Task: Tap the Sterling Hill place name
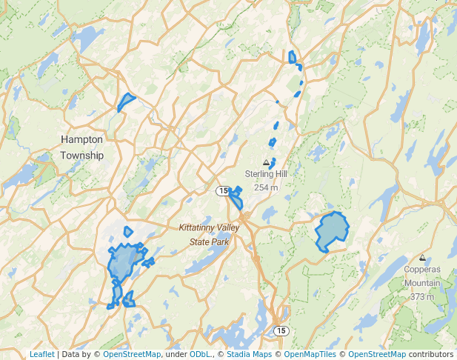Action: [266, 174]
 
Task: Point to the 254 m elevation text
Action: [266, 187]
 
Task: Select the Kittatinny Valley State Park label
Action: [210, 234]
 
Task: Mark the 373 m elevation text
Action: [422, 296]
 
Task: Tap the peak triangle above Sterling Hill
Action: [266, 162]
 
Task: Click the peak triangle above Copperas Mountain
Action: [422, 259]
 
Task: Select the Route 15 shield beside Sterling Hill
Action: [222, 191]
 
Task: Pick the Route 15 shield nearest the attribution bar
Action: [280, 330]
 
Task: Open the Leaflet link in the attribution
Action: [41, 355]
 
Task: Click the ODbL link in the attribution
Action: [201, 355]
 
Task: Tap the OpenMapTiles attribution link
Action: [313, 355]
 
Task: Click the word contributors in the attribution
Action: [431, 355]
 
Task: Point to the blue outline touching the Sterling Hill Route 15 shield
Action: [236, 198]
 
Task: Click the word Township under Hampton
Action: [82, 156]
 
